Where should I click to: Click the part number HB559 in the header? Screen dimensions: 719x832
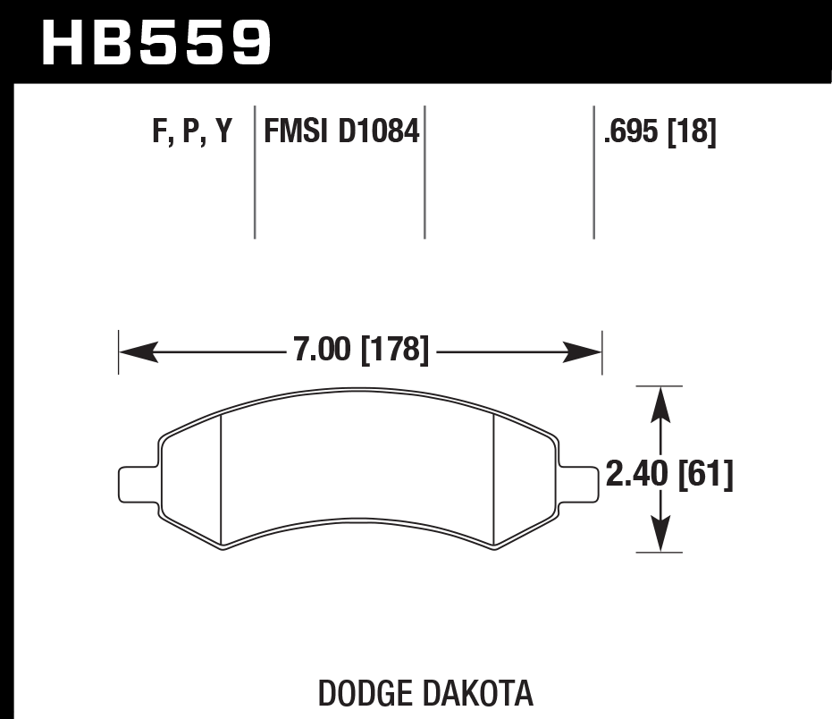point(155,43)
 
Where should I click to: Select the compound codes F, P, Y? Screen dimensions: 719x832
point(192,132)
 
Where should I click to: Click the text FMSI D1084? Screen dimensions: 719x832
point(340,132)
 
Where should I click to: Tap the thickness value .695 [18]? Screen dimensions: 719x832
point(660,132)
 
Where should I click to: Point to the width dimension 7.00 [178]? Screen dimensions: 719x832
point(361,350)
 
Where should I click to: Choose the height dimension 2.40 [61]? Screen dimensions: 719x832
point(669,475)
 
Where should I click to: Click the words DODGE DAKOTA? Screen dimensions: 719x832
point(425,693)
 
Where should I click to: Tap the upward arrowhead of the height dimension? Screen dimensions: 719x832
point(660,402)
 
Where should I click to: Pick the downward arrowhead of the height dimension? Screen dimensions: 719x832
point(660,537)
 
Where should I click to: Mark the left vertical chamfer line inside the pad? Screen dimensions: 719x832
point(221,478)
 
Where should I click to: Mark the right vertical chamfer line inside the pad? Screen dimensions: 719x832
point(495,478)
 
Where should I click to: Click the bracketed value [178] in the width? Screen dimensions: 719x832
point(395,350)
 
